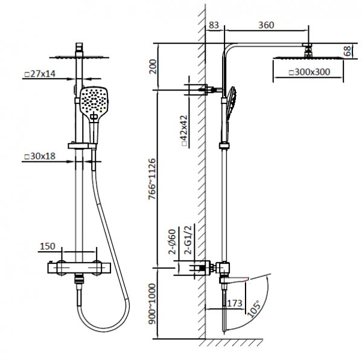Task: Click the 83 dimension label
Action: coord(214,25)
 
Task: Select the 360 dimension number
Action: coord(266,25)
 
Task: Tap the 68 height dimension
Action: coord(348,51)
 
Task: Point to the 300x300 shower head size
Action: coord(310,72)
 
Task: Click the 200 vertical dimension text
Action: coord(153,66)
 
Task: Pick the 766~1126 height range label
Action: coord(153,179)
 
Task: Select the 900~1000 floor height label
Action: coord(153,304)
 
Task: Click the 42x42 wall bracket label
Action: coord(184,130)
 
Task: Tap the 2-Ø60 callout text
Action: coord(172,242)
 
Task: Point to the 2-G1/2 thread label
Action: coord(188,240)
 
